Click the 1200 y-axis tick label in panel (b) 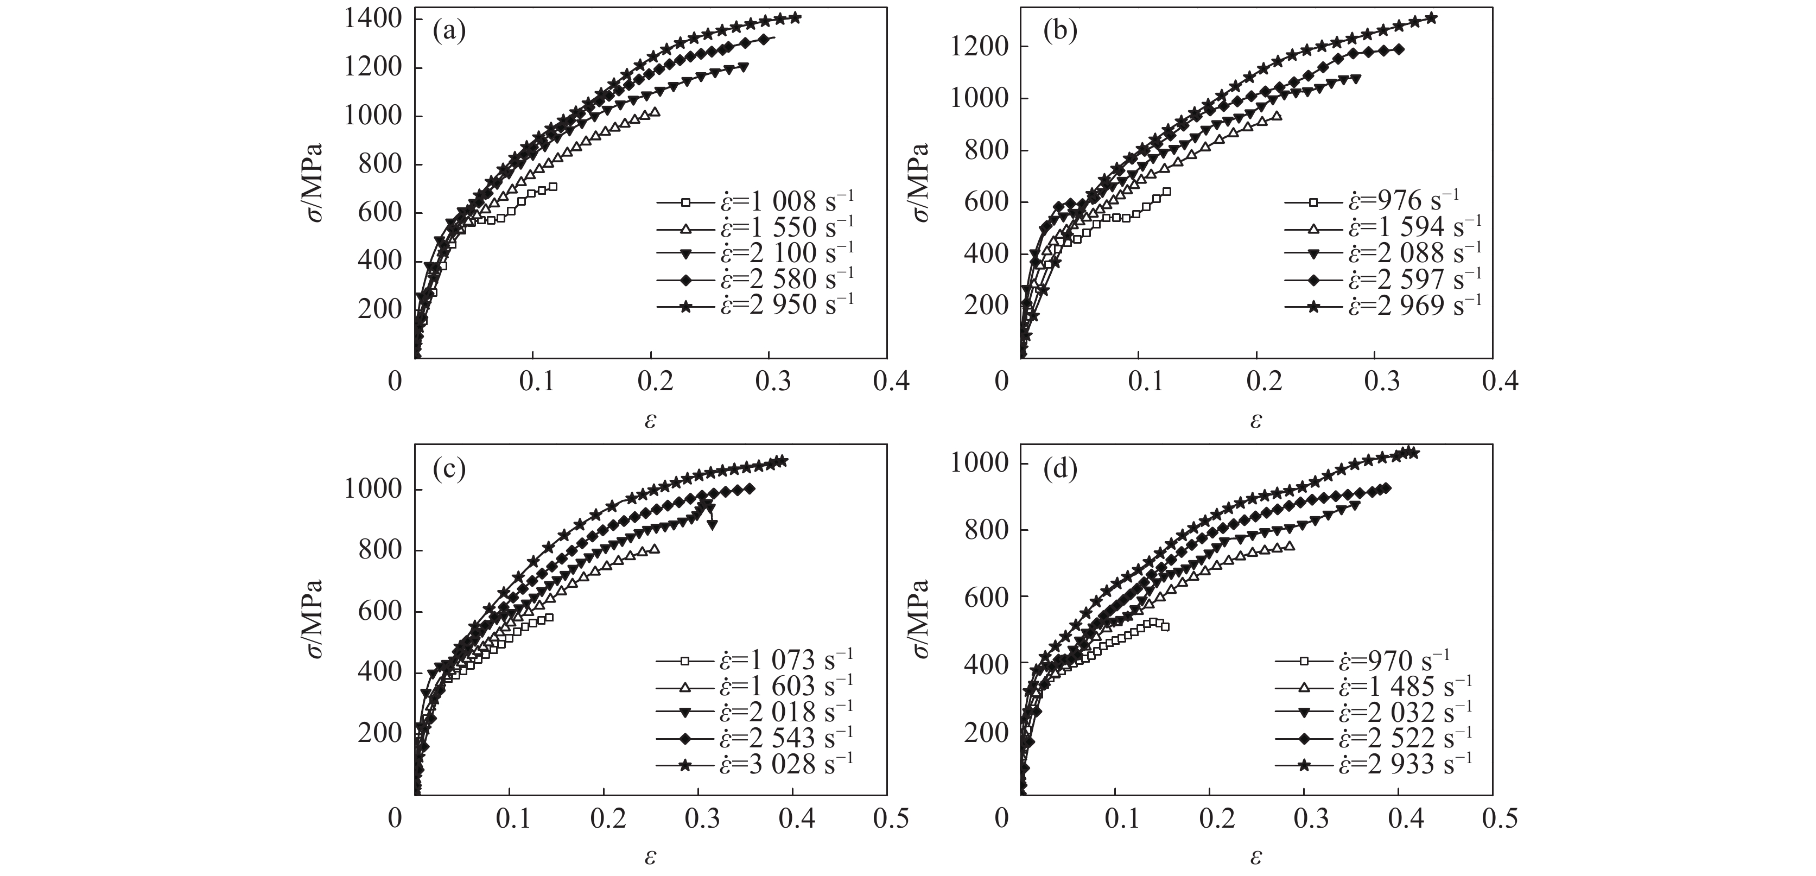click(x=980, y=47)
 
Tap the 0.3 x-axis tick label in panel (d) click(x=1305, y=819)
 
